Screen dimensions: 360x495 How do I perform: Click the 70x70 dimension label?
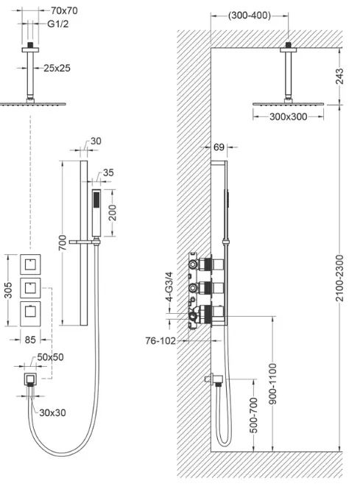(x=64, y=10)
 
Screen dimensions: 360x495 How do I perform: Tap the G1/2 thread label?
(x=57, y=24)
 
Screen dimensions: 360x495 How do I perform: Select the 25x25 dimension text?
(x=57, y=68)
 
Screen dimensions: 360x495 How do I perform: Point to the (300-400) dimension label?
(x=250, y=15)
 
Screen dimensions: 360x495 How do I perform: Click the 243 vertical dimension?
(x=339, y=76)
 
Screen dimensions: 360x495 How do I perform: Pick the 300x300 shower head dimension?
(x=288, y=117)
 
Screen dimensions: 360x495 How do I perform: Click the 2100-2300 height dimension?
(x=339, y=278)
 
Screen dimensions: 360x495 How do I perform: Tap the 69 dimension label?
(x=219, y=147)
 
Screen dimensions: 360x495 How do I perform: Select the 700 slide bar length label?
(x=63, y=242)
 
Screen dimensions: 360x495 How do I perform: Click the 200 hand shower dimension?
(x=113, y=213)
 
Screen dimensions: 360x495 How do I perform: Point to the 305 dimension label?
(x=8, y=289)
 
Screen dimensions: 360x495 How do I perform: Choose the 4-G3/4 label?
(x=169, y=287)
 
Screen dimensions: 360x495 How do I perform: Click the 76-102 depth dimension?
(x=160, y=340)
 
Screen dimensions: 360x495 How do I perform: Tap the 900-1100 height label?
(x=272, y=384)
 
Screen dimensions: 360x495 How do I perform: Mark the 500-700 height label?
(x=254, y=415)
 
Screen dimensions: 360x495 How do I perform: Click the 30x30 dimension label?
(x=52, y=412)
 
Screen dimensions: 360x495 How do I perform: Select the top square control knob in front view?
(x=30, y=264)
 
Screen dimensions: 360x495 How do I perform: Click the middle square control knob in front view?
(x=30, y=288)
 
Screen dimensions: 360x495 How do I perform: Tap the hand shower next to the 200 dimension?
(x=96, y=213)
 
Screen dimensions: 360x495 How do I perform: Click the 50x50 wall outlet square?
(x=30, y=379)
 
